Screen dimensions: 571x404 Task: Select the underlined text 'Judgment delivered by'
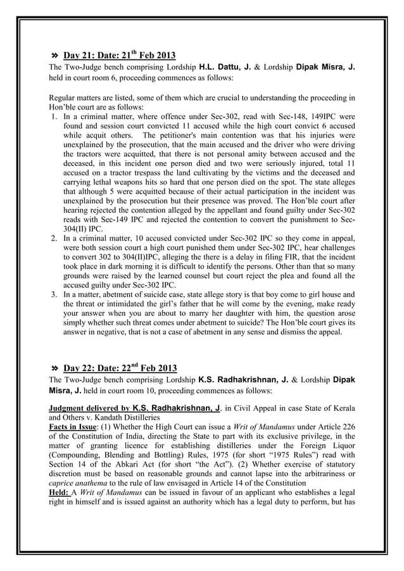(89, 408)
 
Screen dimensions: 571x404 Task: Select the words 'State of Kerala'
(326, 408)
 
